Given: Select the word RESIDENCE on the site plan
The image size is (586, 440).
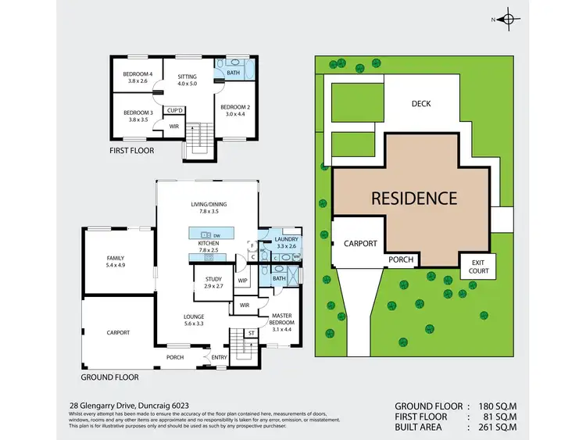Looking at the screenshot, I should [x=413, y=199].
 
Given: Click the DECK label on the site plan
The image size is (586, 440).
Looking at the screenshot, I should [x=421, y=104].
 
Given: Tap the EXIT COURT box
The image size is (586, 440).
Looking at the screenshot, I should [x=479, y=267].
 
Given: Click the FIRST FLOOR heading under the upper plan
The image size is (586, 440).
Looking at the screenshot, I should [x=132, y=150].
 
